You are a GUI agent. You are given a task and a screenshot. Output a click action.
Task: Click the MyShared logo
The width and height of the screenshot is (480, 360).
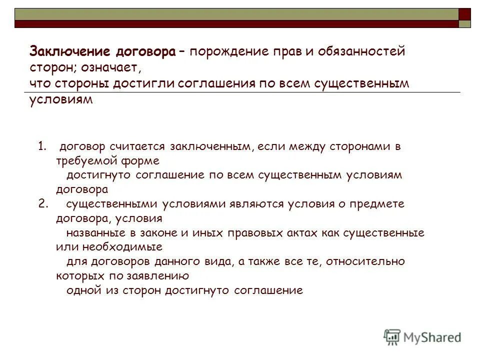pos(422,337)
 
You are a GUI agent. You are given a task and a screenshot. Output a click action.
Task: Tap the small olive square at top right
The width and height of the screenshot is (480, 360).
pos(465,24)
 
